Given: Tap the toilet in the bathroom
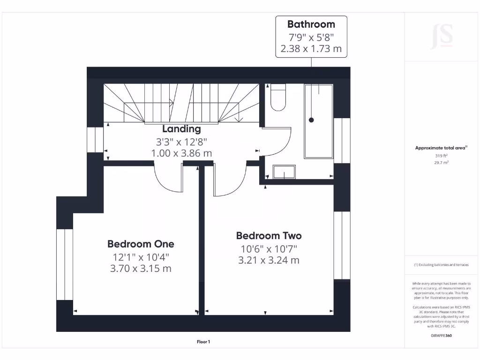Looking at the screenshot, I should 278,97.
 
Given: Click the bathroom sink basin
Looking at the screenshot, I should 284,172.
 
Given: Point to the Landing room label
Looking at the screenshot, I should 181,129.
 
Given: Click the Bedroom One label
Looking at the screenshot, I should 141,244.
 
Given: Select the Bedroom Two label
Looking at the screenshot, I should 269,236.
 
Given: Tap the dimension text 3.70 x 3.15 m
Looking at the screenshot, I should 141,269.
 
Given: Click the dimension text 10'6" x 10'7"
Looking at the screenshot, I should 269,248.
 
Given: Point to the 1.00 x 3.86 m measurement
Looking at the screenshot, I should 181,153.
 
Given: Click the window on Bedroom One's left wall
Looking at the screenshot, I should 65,264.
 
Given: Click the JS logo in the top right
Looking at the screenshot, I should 442,36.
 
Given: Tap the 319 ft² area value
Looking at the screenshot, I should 442,156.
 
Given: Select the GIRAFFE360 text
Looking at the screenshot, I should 442,335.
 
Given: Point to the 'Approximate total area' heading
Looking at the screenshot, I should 441,148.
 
